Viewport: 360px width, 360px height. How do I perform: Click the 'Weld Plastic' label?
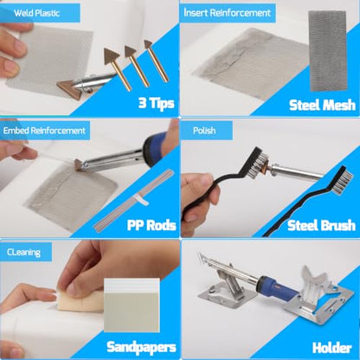(x=36, y=13)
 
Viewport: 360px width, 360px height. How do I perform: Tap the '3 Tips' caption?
(x=157, y=103)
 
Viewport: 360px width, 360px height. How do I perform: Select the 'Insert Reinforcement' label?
(x=228, y=13)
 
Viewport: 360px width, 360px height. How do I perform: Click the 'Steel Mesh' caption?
(x=322, y=105)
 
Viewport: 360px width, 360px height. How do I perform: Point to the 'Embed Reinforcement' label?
(x=44, y=131)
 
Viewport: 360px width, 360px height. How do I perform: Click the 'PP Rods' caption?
(x=151, y=225)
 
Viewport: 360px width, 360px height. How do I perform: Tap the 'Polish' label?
(x=204, y=131)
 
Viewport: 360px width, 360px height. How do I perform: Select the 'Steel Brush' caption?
(x=321, y=225)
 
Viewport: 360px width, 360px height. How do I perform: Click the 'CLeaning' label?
(x=23, y=253)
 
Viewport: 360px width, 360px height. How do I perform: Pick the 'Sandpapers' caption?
(x=141, y=347)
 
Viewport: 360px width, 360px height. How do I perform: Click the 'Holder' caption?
(x=331, y=348)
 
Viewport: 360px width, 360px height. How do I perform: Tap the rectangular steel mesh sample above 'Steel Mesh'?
(x=327, y=51)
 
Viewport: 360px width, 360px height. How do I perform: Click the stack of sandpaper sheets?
(x=132, y=305)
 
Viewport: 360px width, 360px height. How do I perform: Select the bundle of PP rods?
(x=134, y=201)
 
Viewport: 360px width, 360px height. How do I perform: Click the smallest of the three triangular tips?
(x=148, y=44)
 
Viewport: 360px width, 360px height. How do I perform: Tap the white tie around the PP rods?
(x=141, y=199)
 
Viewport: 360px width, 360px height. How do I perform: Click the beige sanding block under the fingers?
(x=80, y=301)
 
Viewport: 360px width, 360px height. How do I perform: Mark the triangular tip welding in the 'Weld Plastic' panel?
(x=70, y=89)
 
